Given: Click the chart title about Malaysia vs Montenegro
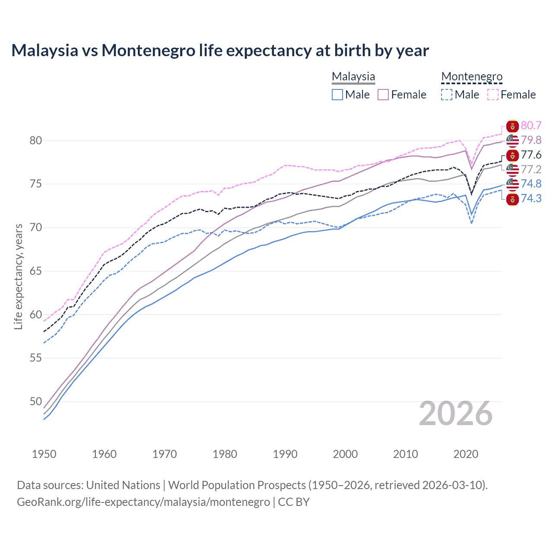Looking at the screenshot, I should (x=220, y=51).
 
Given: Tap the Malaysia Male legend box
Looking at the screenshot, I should (x=337, y=95).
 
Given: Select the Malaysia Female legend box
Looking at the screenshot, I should (x=383, y=95).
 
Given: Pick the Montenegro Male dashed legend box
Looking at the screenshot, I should (x=447, y=95).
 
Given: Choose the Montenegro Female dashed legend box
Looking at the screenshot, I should (x=493, y=95).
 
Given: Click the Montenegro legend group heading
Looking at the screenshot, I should (x=472, y=76).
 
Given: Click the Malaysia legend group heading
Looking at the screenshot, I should (x=353, y=76).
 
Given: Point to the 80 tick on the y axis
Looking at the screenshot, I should (x=36, y=140).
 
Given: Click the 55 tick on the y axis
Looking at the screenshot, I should (x=36, y=358).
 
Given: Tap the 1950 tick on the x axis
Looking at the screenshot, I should (x=44, y=454).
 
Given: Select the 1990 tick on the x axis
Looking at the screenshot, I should (x=285, y=454).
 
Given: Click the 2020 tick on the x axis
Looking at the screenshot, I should (x=466, y=454).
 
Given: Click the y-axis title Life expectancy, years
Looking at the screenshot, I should (x=18, y=276).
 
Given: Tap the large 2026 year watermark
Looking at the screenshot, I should (x=455, y=414).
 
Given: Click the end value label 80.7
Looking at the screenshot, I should (x=531, y=126).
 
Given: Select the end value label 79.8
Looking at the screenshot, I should (x=531, y=140).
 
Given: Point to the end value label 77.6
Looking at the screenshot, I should (x=531, y=155).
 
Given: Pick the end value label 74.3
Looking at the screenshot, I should (x=531, y=199).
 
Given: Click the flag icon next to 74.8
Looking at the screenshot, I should (x=512, y=184).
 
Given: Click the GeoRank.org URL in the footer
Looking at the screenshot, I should (x=143, y=502).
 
